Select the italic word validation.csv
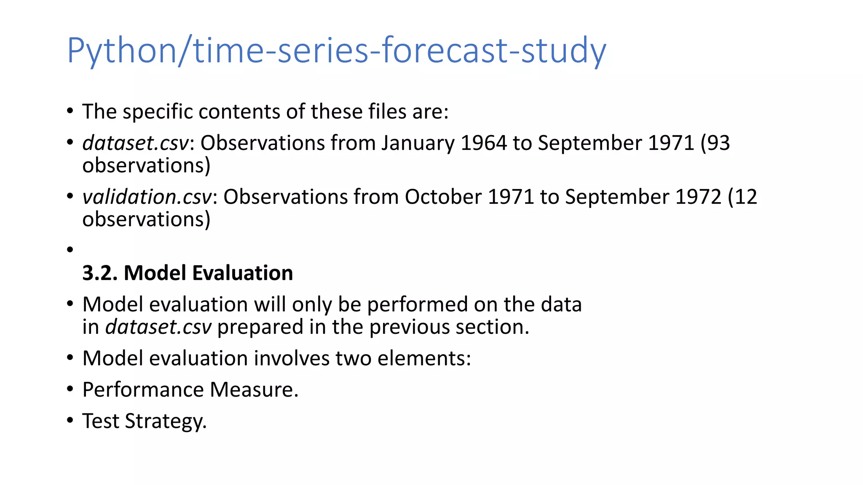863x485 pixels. coord(147,197)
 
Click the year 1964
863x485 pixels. coord(483,143)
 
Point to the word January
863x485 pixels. coord(418,143)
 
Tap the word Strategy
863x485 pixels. coord(165,421)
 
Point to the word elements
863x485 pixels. coord(421,358)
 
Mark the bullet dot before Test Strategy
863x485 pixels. coord(70,420)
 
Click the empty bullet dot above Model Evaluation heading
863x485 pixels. coord(70,250)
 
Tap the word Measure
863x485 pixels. coord(254,389)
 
